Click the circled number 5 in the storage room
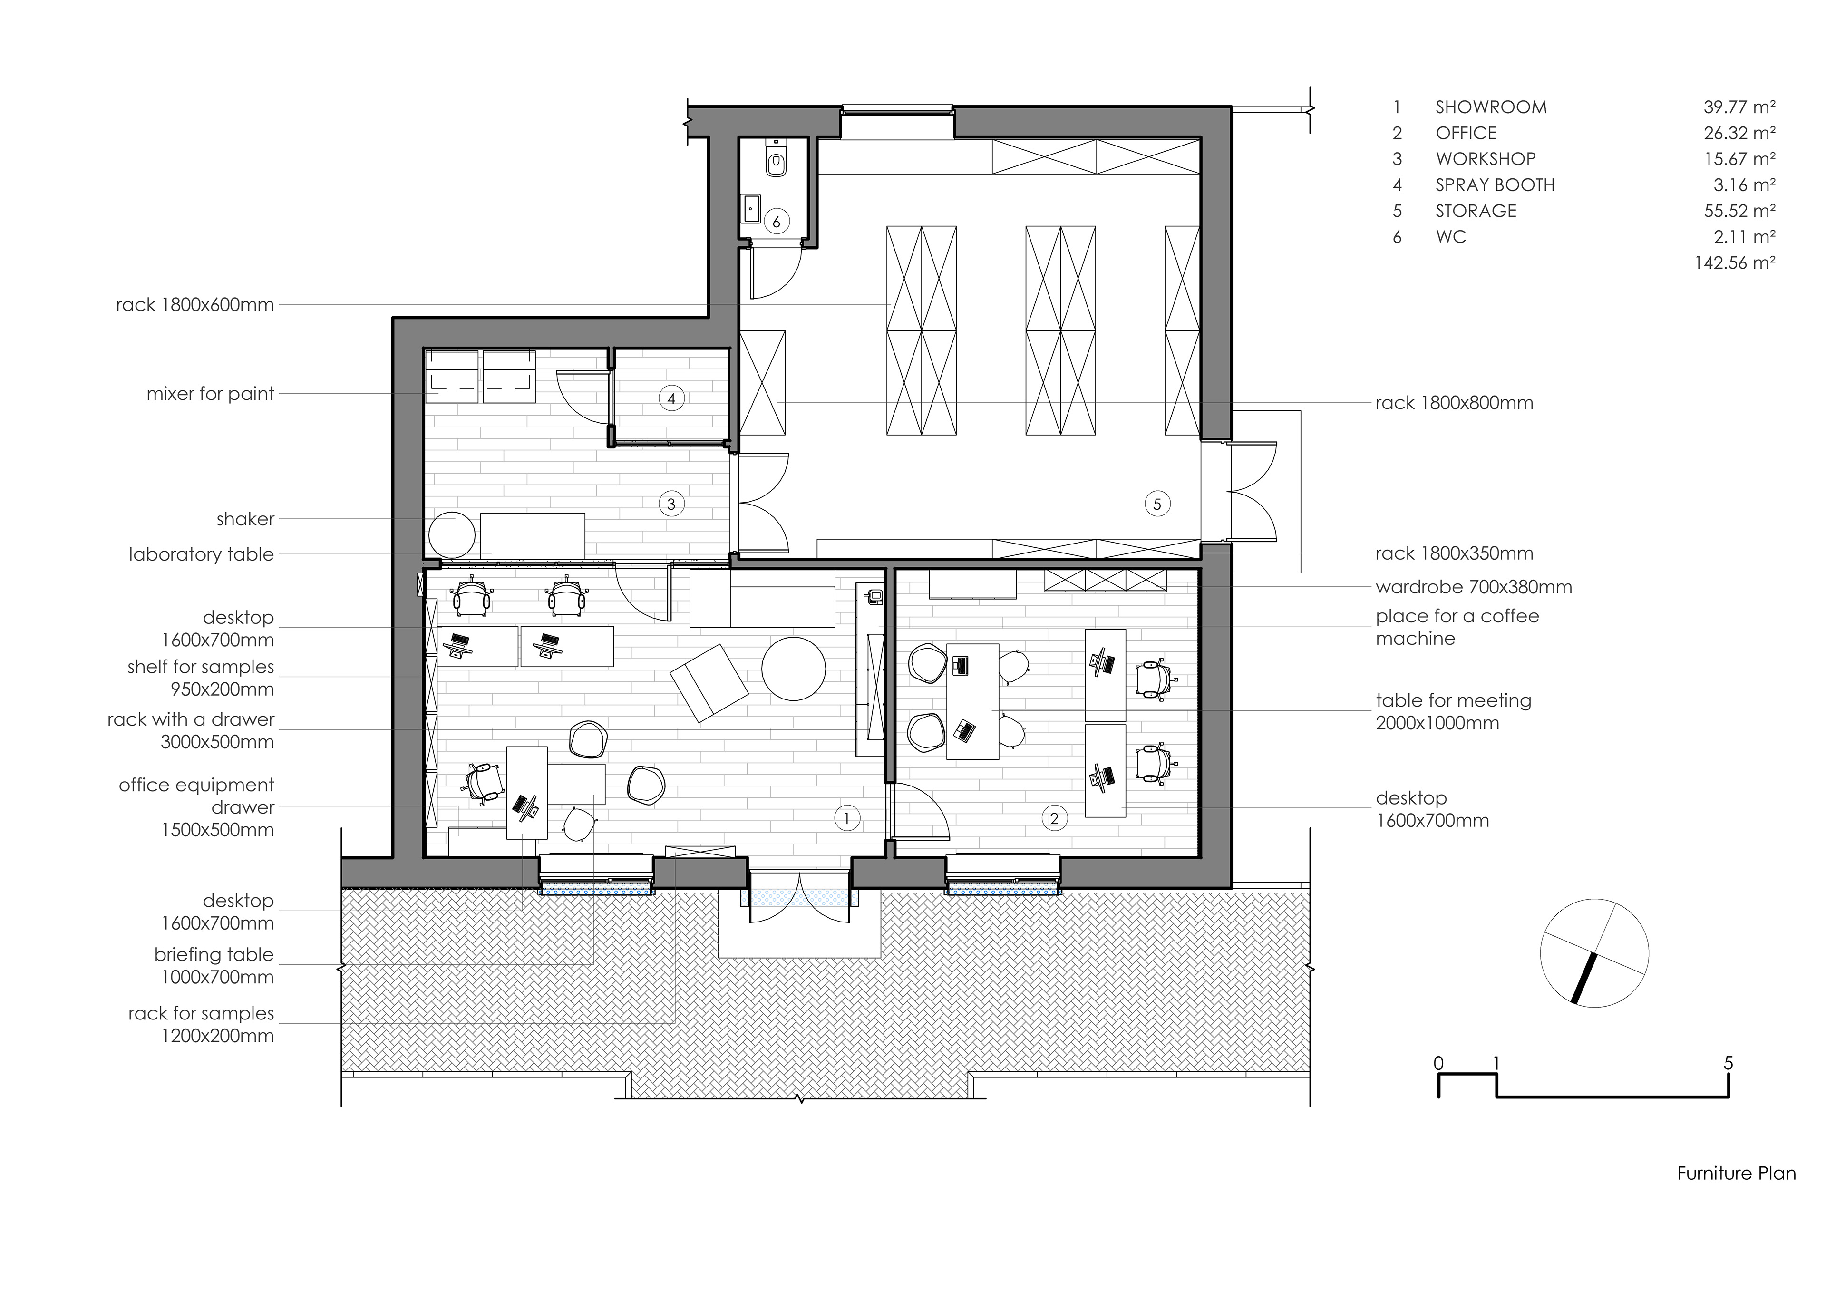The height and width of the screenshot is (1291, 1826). click(x=1157, y=504)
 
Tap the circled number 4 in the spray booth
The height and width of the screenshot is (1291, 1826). click(x=672, y=398)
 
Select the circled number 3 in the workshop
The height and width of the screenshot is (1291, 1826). click(x=672, y=504)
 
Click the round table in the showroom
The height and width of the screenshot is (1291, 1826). click(x=794, y=668)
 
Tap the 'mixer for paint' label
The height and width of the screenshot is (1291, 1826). click(x=210, y=394)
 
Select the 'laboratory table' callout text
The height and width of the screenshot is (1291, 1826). click(x=201, y=554)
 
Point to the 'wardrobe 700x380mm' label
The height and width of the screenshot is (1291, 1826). click(x=1474, y=588)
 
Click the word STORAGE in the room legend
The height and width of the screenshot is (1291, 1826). click(x=1476, y=211)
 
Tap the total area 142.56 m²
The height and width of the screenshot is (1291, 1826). click(x=1735, y=262)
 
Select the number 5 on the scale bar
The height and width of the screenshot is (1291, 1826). click(x=1728, y=1063)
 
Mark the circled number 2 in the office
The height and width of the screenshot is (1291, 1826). click(x=1055, y=818)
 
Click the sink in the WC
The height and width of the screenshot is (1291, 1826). click(x=752, y=209)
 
